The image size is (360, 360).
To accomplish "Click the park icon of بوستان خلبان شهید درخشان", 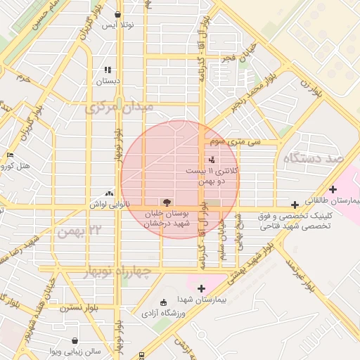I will click(x=167, y=202).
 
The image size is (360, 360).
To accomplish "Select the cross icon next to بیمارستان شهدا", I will click(x=201, y=288).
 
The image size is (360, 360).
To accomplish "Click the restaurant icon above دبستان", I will click(x=108, y=70).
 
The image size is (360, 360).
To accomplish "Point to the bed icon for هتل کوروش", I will click(x=10, y=155).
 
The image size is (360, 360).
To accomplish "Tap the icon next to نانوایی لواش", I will click(x=109, y=193).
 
